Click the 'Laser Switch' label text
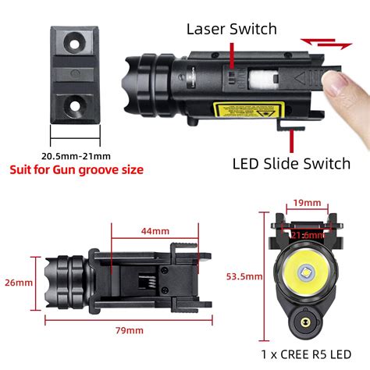232,30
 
